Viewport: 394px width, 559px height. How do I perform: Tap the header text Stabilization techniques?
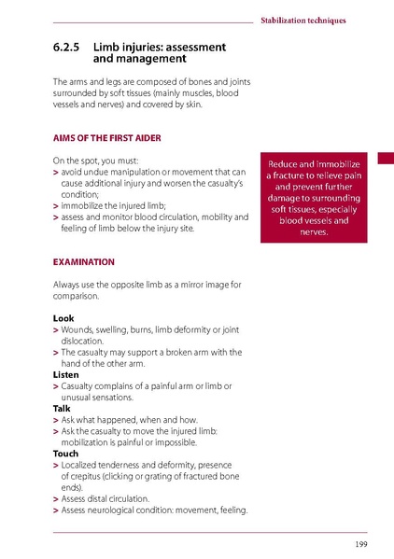[303, 20]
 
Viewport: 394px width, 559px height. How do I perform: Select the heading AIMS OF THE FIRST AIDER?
[107, 138]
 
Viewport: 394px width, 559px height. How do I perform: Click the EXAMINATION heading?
[84, 262]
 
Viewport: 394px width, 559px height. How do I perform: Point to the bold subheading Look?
[63, 318]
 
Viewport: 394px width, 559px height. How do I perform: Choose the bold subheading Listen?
[66, 374]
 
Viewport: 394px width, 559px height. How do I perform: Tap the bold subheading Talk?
[63, 408]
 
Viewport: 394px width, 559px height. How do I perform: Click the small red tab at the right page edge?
[386, 161]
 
